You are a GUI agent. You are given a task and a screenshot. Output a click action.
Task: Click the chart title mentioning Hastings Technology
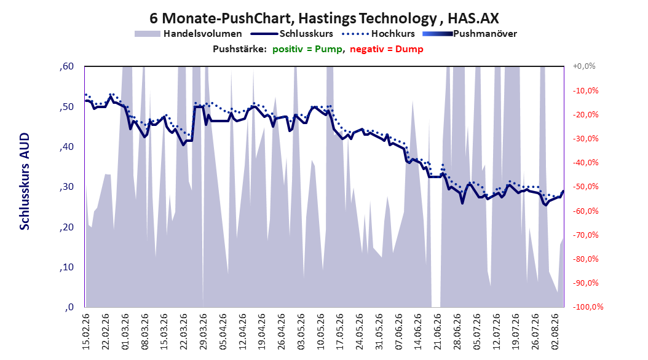pyautogui.click(x=325, y=18)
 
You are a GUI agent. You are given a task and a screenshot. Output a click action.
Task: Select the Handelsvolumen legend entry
pyautogui.click(x=189, y=34)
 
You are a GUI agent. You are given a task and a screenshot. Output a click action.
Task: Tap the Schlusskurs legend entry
pyautogui.click(x=292, y=34)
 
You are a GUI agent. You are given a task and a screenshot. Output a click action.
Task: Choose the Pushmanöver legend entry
pyautogui.click(x=470, y=34)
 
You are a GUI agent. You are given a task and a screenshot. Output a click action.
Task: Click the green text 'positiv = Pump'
pyautogui.click(x=307, y=49)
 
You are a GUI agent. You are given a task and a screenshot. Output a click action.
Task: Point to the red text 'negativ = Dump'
pyautogui.click(x=387, y=49)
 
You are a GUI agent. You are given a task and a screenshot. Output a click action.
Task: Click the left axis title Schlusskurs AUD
pyautogui.click(x=25, y=181)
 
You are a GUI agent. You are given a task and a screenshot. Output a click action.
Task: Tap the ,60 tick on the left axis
pyautogui.click(x=66, y=66)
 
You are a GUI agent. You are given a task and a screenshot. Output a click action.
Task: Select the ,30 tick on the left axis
pyautogui.click(x=66, y=187)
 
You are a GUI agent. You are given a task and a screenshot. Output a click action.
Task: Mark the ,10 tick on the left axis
pyautogui.click(x=66, y=267)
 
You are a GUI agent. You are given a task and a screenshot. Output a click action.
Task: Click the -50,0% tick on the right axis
pyautogui.click(x=585, y=187)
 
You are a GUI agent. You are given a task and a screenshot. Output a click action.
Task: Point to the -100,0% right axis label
pyautogui.click(x=588, y=307)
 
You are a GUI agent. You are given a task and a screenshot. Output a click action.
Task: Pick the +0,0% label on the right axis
pyautogui.click(x=584, y=66)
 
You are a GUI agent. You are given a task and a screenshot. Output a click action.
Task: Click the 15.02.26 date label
pyautogui.click(x=86, y=332)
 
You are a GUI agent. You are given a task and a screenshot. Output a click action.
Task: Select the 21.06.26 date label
pyautogui.click(x=438, y=332)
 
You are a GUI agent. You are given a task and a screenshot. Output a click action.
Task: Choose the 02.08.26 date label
pyautogui.click(x=555, y=332)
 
